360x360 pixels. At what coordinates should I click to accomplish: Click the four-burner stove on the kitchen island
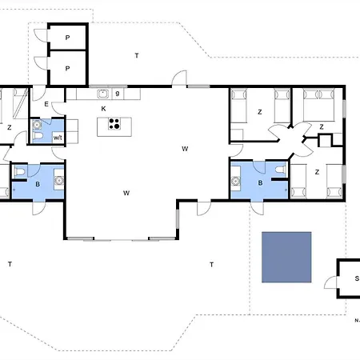click(x=114, y=124)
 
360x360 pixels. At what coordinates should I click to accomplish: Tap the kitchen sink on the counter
click(x=103, y=94)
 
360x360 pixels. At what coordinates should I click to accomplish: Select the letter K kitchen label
click(x=103, y=109)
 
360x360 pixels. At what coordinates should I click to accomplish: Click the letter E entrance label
click(x=46, y=104)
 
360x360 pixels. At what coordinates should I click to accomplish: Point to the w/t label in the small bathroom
click(x=58, y=138)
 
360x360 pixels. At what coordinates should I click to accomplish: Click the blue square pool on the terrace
click(x=286, y=257)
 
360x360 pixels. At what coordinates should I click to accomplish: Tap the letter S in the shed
click(x=357, y=278)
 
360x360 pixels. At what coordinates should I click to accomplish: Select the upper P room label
click(x=68, y=38)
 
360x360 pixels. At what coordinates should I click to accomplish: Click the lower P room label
click(x=68, y=69)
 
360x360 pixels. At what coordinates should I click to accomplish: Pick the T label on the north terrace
click(x=137, y=55)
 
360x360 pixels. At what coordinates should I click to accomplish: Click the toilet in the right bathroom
click(x=280, y=170)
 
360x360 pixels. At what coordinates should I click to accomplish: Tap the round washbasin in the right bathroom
click(x=235, y=182)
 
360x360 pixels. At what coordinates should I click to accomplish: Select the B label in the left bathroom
click(x=38, y=184)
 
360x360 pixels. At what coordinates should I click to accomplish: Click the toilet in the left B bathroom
click(x=20, y=172)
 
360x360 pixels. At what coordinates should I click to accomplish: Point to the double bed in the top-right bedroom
click(x=318, y=105)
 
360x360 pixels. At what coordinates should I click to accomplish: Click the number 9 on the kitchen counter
click(x=118, y=94)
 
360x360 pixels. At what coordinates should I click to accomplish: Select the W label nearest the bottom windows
click(x=126, y=193)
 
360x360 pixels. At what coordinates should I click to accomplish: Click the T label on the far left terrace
click(x=10, y=264)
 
